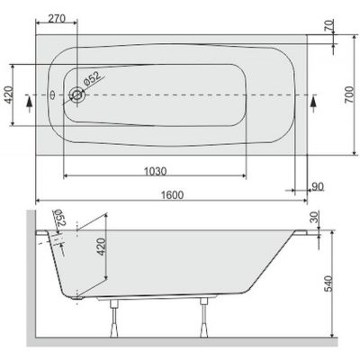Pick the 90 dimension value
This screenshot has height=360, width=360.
[x=316, y=186]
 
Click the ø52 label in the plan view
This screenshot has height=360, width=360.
[x=95, y=81]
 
